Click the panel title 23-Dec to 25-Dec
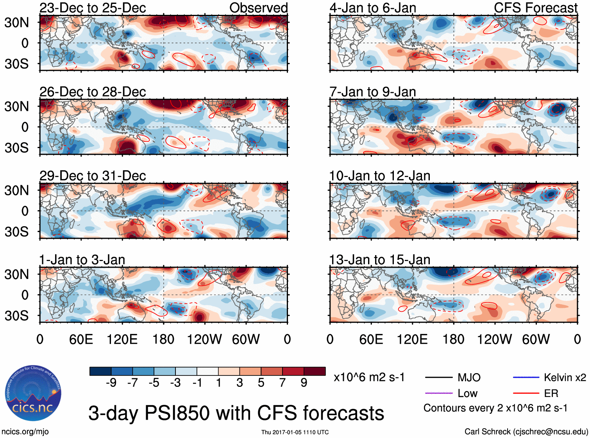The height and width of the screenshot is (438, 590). point(93,8)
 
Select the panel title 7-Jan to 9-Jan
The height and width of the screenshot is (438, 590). point(372,92)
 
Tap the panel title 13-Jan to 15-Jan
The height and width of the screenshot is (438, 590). point(379,260)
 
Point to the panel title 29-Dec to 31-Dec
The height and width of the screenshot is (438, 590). point(93,176)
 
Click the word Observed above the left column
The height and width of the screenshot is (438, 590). point(258,8)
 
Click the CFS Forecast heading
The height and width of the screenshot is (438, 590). point(535,8)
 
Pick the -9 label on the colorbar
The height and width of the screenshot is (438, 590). point(111,383)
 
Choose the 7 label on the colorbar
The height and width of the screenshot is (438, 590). point(282,383)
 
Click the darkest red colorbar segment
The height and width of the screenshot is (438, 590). point(315,371)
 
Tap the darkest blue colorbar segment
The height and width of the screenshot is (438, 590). point(100,371)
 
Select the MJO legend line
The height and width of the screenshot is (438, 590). point(438,377)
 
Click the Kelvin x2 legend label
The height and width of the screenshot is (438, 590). point(565,377)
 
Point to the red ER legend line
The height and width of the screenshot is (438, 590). point(526,393)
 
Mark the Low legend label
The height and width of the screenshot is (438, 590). point(467,393)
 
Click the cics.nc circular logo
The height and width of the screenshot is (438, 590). point(33,393)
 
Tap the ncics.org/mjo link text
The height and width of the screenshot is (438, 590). point(25,432)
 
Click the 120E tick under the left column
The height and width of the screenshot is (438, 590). point(122,339)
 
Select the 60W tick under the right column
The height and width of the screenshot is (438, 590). point(536,339)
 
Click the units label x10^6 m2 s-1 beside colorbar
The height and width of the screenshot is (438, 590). point(369,377)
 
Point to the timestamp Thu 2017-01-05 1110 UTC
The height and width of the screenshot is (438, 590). point(295,432)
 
